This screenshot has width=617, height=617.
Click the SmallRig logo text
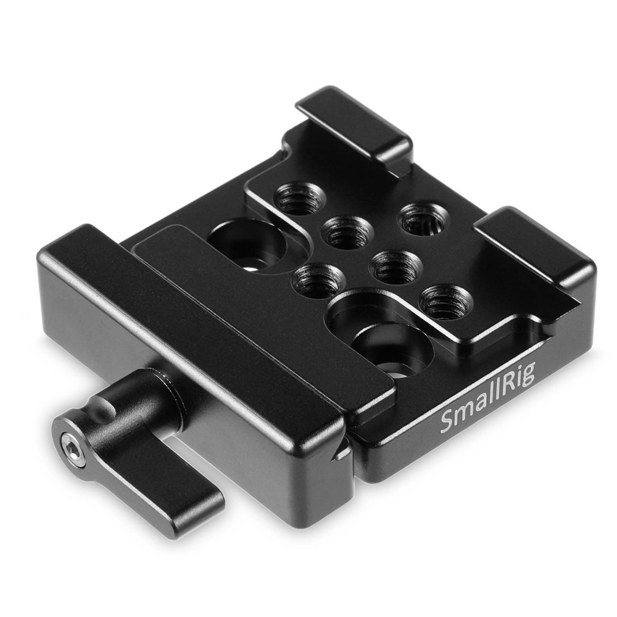pyautogui.click(x=487, y=397)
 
